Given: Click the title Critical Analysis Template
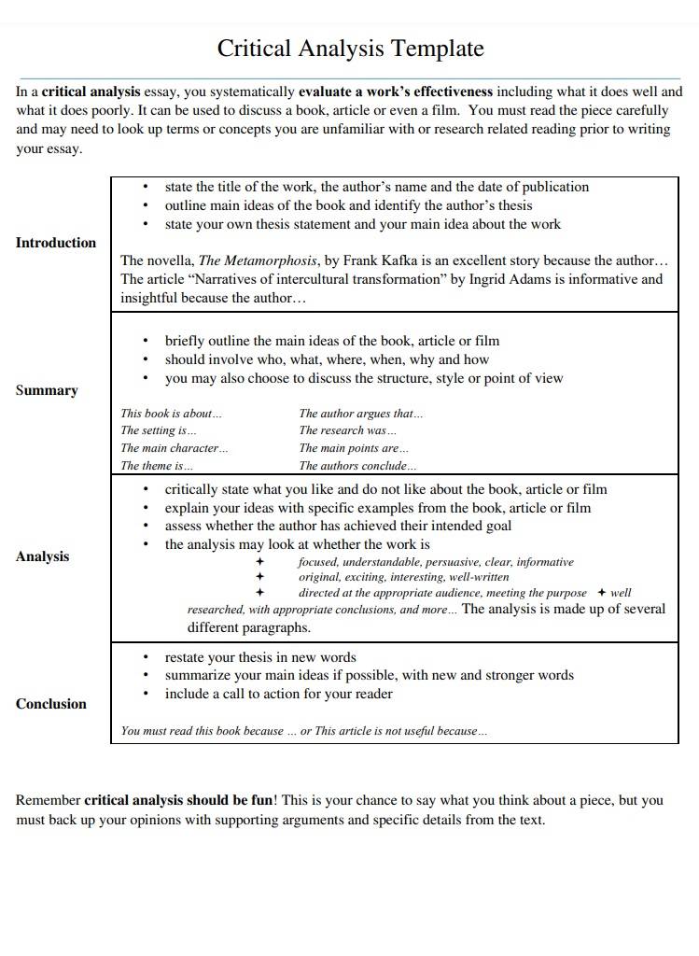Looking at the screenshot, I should click(350, 49).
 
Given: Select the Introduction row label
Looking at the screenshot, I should click(56, 243).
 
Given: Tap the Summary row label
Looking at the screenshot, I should click(47, 390).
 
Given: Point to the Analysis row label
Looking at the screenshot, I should click(43, 556).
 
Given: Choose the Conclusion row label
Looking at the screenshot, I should click(50, 704).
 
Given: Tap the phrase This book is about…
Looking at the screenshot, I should click(172, 414).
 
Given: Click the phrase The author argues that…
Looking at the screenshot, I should click(361, 414).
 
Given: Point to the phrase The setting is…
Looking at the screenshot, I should click(159, 430).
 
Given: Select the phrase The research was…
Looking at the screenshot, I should click(348, 430).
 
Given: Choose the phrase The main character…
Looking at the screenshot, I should click(175, 448).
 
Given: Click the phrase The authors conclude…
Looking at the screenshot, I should click(358, 466).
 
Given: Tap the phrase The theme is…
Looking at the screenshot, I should click(158, 466).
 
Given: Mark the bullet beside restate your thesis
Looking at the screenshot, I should click(147, 658).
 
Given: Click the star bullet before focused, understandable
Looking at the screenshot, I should click(260, 562).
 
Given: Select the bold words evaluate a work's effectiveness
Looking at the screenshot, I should click(396, 92).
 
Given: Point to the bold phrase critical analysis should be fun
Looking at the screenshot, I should click(178, 801).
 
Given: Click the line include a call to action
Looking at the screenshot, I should click(278, 694).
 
